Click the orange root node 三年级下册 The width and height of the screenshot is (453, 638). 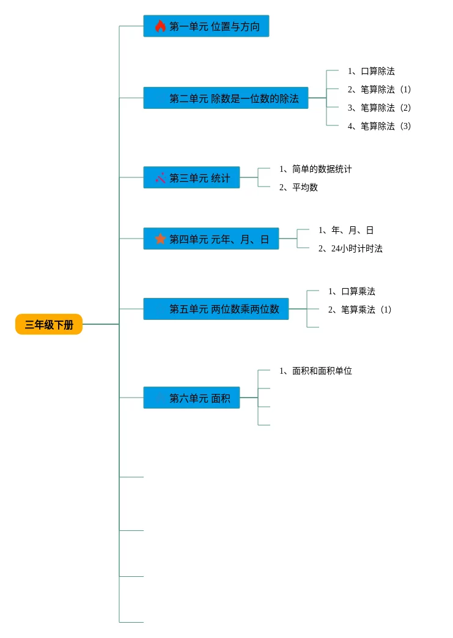click(49, 325)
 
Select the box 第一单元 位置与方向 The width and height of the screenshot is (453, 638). click(206, 26)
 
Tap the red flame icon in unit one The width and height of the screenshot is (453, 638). click(160, 26)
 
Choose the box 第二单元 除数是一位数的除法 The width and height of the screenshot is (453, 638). click(226, 98)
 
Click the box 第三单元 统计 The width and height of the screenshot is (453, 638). click(191, 177)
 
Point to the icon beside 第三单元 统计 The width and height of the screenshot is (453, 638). click(160, 178)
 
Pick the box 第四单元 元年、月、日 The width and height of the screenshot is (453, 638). click(211, 239)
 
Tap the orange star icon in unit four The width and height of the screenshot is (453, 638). click(160, 239)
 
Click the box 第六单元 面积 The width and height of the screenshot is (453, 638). click(191, 398)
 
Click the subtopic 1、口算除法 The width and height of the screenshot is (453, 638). click(371, 71)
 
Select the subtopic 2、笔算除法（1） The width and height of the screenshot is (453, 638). click(379, 89)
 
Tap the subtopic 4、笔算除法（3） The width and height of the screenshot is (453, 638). click(379, 126)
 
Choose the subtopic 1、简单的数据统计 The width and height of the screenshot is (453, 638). click(315, 169)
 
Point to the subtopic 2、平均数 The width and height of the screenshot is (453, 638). click(298, 187)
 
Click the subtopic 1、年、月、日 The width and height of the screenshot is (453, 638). click(346, 230)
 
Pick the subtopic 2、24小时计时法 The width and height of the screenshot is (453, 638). click(350, 248)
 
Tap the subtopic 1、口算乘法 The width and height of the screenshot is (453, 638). click(352, 291)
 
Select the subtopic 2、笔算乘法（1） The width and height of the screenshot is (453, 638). click(359, 310)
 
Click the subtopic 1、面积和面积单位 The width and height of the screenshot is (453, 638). click(315, 371)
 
